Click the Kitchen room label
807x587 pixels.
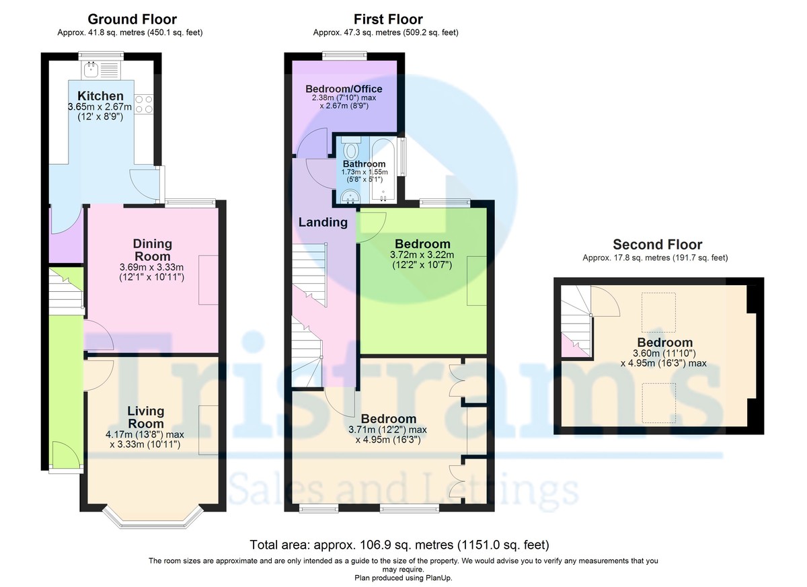coord(100,96)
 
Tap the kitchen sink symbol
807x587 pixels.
coord(90,69)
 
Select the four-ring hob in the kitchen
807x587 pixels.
coord(144,104)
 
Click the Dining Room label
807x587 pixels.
coord(152,249)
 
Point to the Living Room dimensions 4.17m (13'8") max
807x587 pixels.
coord(145,435)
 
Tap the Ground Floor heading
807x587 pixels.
coord(132,19)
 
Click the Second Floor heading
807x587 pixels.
coord(657,245)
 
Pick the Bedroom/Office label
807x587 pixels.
coord(344,89)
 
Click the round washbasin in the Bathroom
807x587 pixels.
coord(349,196)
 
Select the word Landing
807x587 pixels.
coord(323,222)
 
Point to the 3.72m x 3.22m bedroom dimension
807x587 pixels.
coord(422,255)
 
